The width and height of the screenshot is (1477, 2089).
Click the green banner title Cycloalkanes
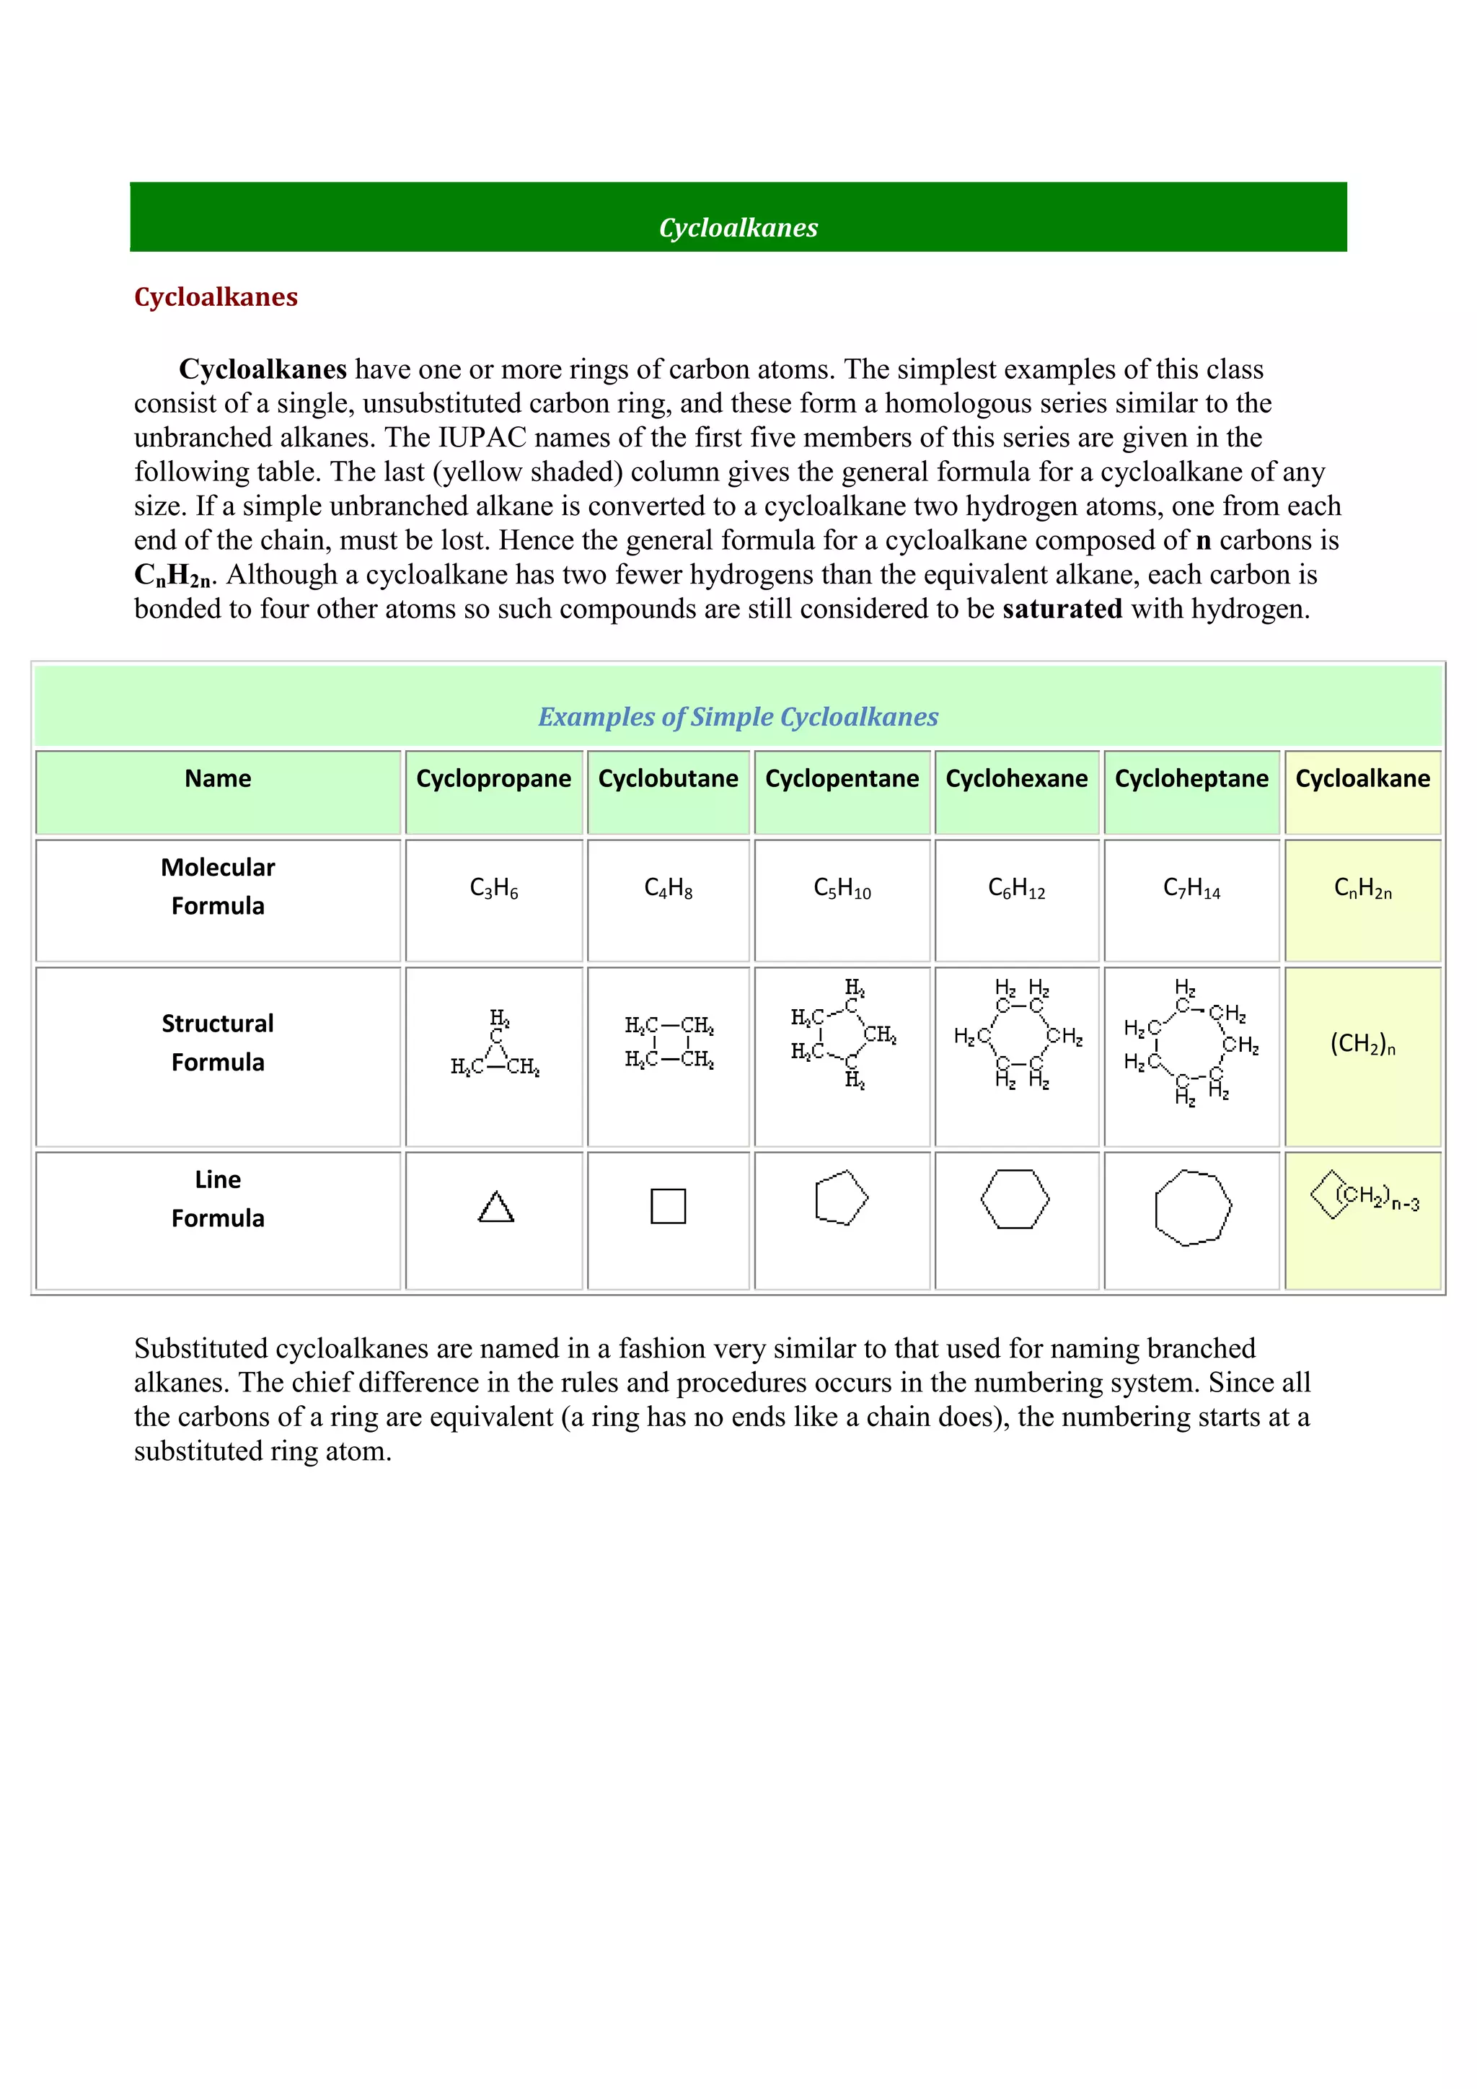[x=738, y=227]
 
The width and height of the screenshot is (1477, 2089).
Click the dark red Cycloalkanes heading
[x=216, y=296]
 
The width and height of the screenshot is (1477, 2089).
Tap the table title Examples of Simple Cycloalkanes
[x=738, y=717]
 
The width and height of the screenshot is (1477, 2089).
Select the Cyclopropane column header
[x=493, y=779]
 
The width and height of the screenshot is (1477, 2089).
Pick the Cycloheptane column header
[x=1191, y=779]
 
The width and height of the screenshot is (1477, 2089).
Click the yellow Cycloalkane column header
[x=1362, y=779]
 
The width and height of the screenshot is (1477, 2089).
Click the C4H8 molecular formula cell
[x=668, y=888]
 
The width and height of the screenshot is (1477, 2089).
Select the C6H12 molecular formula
[x=1016, y=888]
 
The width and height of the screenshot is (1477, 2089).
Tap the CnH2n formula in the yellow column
[x=1362, y=888]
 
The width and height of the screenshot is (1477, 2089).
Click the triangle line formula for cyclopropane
[x=495, y=1208]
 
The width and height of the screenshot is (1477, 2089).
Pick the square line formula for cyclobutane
[x=668, y=1207]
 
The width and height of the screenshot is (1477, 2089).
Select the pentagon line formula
[x=842, y=1198]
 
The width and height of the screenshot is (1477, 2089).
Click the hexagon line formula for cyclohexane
[x=1015, y=1199]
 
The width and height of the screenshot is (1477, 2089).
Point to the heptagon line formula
[x=1191, y=1208]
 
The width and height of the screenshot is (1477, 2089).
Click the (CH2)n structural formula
[x=1362, y=1044]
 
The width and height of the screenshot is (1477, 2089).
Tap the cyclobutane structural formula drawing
[x=669, y=1042]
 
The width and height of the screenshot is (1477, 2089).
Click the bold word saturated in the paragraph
[x=1062, y=609]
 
